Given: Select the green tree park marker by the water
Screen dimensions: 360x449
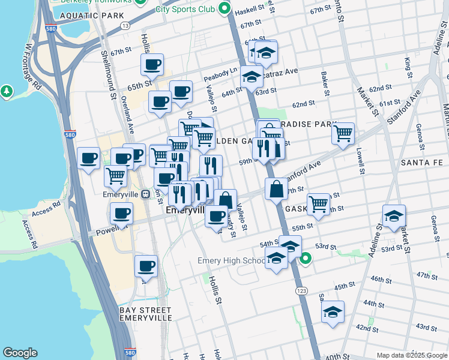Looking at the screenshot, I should (x=7, y=91).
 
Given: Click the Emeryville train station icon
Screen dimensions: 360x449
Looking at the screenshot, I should (x=146, y=194).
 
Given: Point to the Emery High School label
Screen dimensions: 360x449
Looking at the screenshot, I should (x=232, y=261).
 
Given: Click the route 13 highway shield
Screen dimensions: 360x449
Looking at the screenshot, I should (x=125, y=25).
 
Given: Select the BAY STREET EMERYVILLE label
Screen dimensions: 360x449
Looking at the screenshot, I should (x=145, y=314).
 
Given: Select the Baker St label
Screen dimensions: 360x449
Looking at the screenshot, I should (x=325, y=85).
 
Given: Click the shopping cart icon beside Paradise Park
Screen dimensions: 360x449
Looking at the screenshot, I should (x=343, y=133).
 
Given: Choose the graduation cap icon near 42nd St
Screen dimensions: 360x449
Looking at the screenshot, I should (x=333, y=312).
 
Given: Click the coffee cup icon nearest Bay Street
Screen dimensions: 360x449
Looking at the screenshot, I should (x=146, y=265).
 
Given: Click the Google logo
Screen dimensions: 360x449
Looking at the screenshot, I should (x=20, y=353).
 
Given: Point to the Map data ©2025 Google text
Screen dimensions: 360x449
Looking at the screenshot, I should (x=411, y=355).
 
